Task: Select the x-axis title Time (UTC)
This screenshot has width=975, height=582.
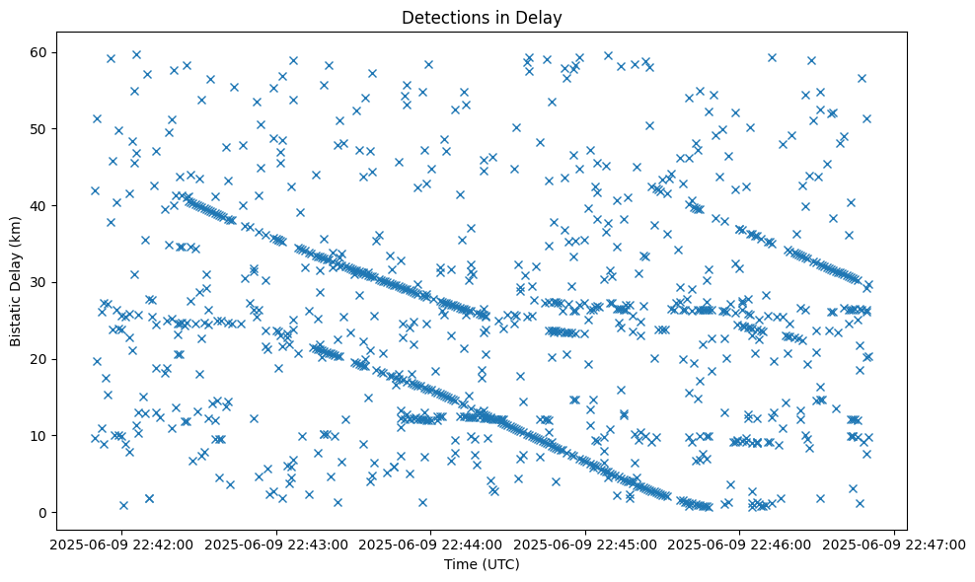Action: [482, 564]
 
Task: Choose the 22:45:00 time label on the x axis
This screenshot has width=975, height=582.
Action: [585, 544]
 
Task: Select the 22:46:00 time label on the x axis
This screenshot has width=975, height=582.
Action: [740, 544]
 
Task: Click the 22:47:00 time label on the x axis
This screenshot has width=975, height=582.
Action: [894, 544]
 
